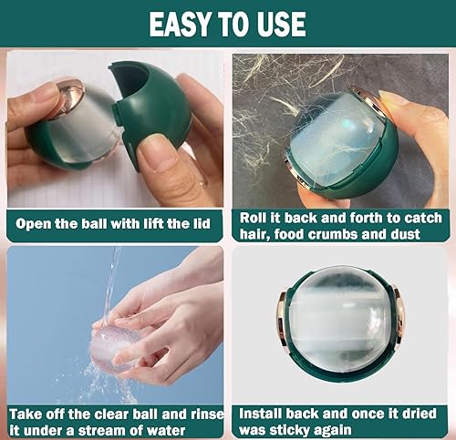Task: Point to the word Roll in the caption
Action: [258, 218]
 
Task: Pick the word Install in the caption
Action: [267, 413]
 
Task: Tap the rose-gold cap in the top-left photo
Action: [66, 97]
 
